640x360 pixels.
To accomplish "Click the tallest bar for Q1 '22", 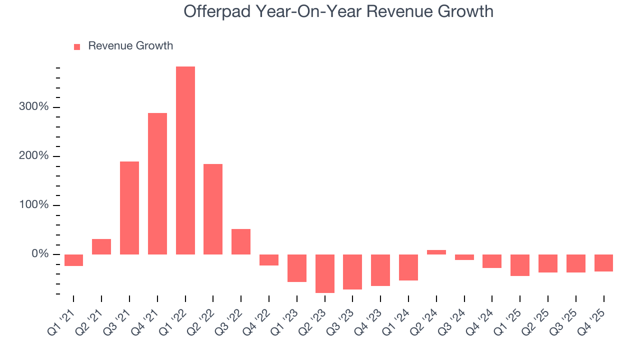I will pos(185,160).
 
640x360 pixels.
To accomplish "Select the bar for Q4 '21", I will pos(157,183).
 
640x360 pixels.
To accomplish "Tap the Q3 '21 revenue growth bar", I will pos(129,208).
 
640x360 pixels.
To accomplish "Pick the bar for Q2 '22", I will pos(213,209).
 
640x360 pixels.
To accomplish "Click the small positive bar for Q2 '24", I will pos(436,252).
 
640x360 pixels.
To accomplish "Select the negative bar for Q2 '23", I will pos(325,273).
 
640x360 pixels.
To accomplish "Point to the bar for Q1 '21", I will pos(73,260).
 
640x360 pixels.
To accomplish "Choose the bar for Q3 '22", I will pos(241,241).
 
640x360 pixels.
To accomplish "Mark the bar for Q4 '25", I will pos(603,263).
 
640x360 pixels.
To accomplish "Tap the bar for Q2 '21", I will pos(101,246).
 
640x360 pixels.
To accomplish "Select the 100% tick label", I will pos(34,205).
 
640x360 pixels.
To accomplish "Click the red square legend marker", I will pos(77,46).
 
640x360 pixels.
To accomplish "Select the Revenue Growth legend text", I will pos(130,46).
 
